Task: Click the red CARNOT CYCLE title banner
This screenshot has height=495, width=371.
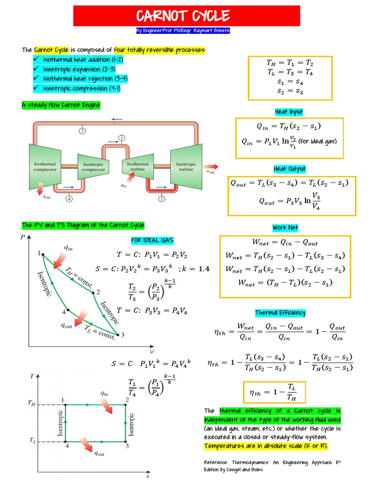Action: click(x=186, y=16)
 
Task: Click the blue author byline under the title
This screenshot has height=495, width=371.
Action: click(x=183, y=30)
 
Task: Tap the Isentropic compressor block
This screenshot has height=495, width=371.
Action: click(x=93, y=167)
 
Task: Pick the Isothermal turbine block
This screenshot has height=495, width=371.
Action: click(x=138, y=167)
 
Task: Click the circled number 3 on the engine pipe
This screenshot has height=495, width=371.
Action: click(x=83, y=131)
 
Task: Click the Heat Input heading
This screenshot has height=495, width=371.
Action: click(x=289, y=112)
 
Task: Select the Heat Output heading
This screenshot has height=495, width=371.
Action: click(x=289, y=169)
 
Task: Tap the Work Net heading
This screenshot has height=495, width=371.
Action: click(x=285, y=228)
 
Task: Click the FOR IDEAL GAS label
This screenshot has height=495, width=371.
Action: click(x=152, y=240)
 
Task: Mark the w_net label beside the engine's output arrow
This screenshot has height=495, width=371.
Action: click(x=211, y=171)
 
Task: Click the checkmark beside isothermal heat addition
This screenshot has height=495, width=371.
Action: click(x=36, y=59)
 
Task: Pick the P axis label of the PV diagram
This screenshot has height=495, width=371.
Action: click(x=22, y=237)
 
